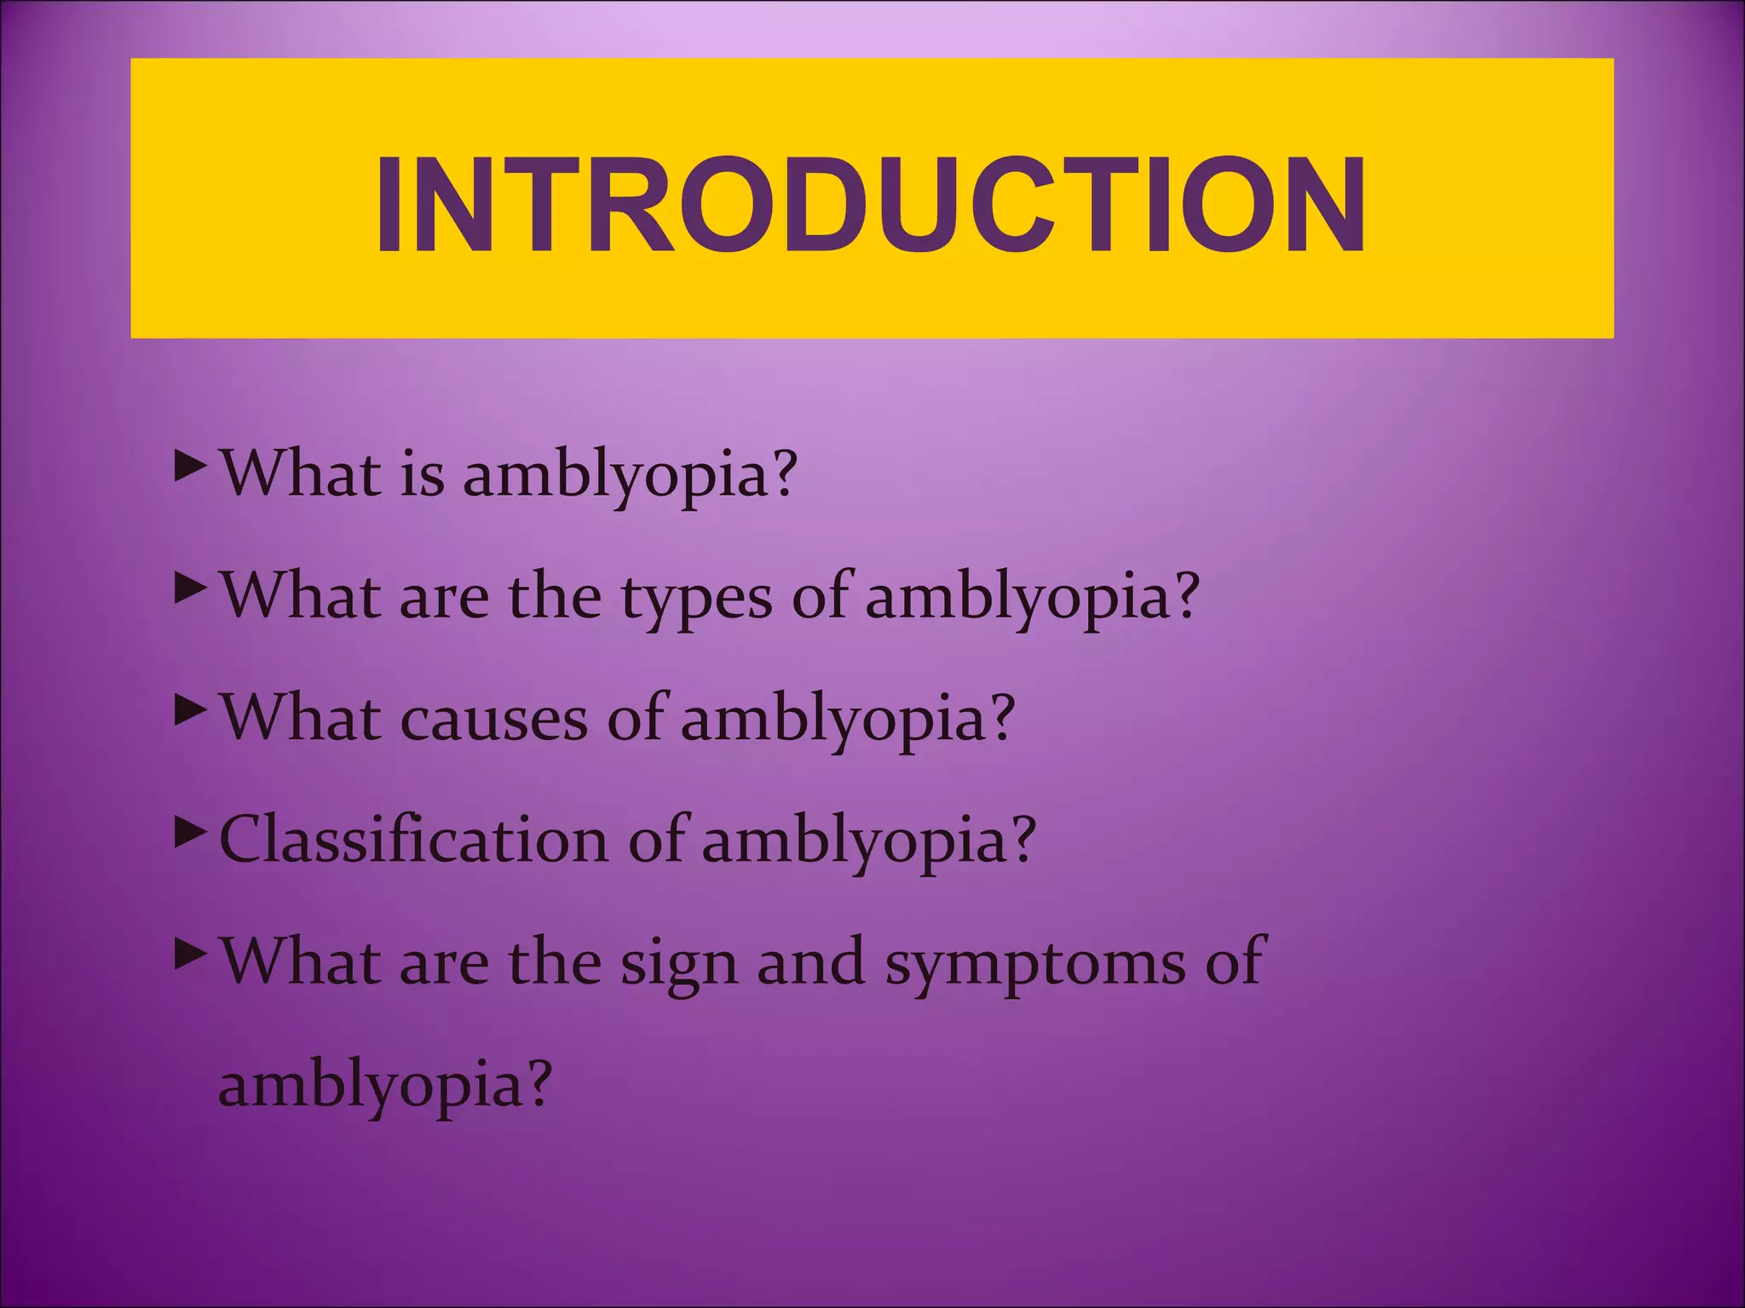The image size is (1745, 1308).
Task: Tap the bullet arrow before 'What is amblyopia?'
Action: [x=190, y=467]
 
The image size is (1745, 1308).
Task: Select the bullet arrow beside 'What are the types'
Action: [x=190, y=588]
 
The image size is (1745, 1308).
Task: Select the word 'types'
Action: [x=696, y=598]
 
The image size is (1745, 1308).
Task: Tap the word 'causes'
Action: [x=493, y=720]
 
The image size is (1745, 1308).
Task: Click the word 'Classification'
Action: [x=413, y=840]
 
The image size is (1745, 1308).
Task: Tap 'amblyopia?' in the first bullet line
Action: [x=629, y=475]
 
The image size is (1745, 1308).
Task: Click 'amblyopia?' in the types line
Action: [x=1032, y=598]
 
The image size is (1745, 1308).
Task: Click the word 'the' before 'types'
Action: [x=555, y=596]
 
